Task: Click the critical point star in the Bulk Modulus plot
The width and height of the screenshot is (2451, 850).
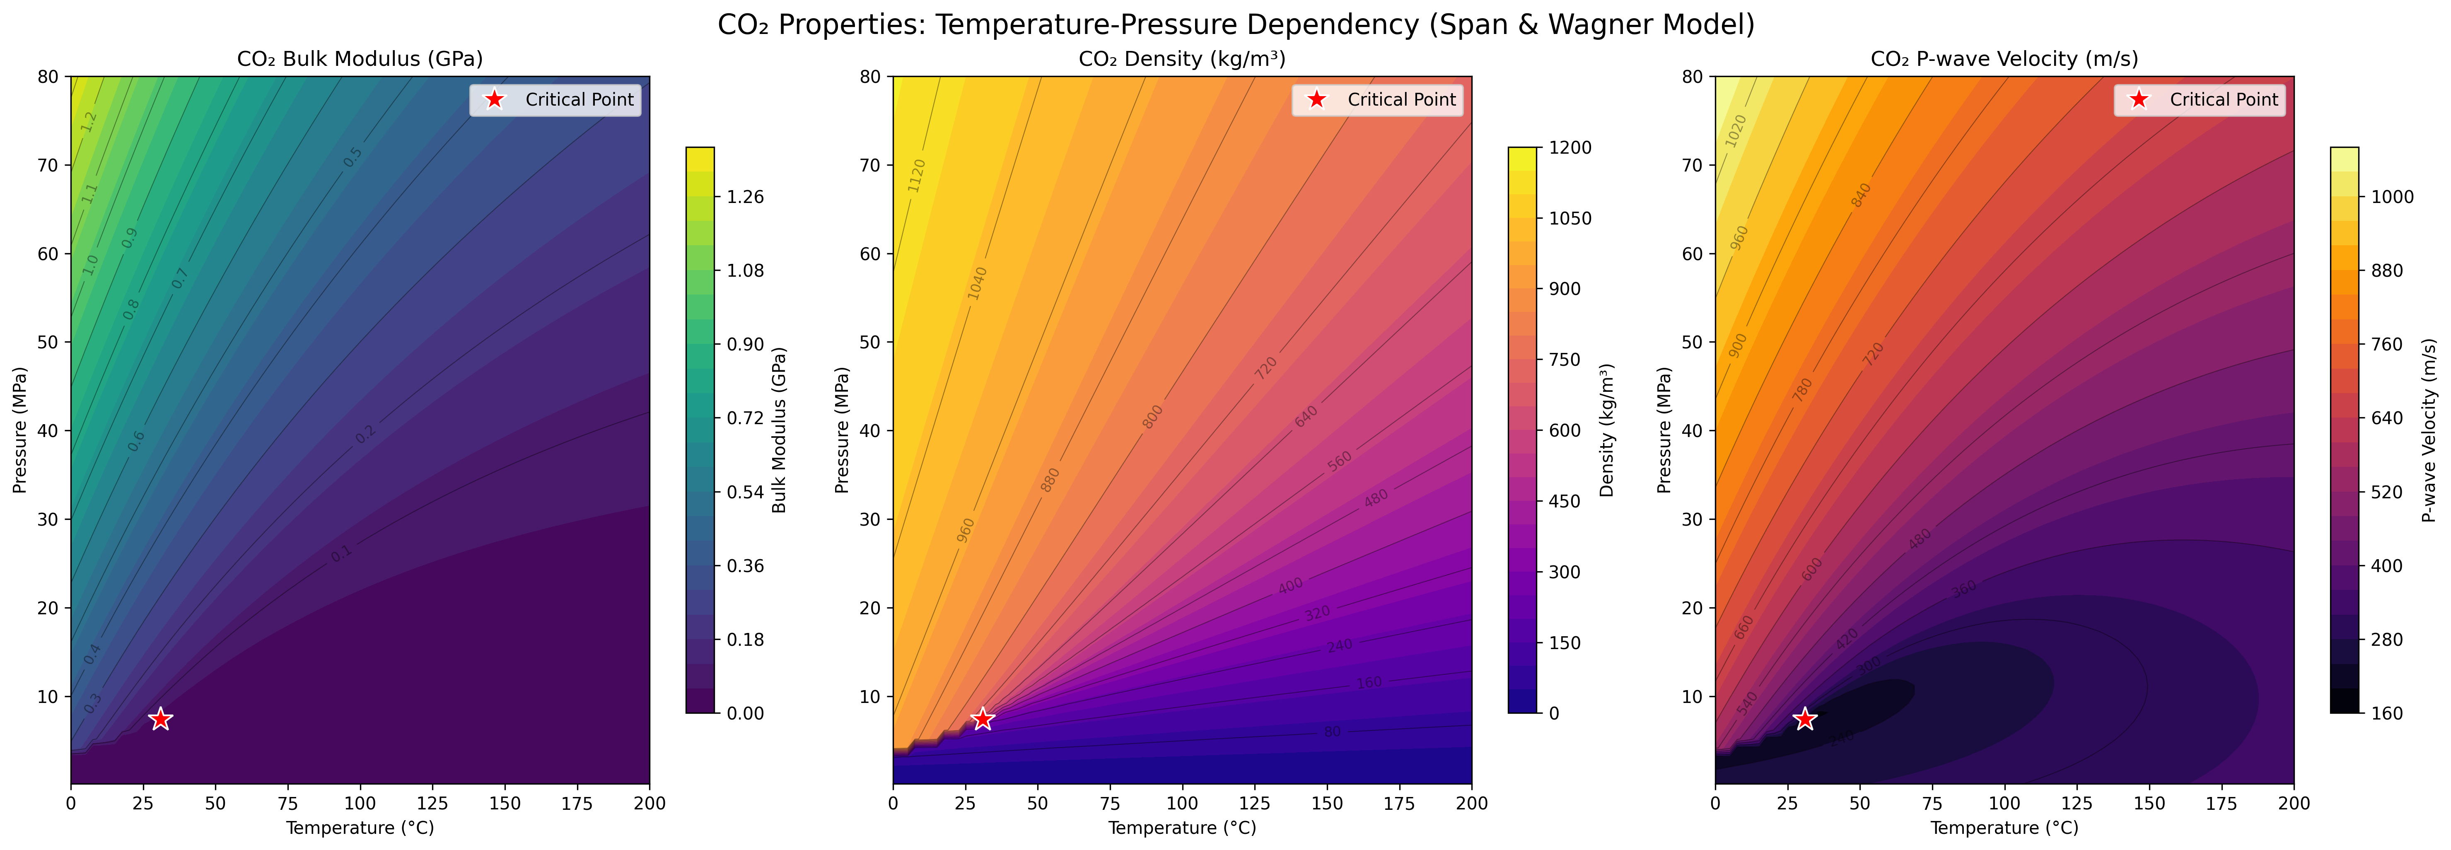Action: [x=161, y=719]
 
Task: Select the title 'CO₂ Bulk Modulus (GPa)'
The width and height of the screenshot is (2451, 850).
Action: [x=360, y=59]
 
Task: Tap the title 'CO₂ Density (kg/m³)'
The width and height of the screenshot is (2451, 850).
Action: [x=1182, y=59]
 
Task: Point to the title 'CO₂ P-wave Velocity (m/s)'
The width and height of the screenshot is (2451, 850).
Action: [x=2004, y=59]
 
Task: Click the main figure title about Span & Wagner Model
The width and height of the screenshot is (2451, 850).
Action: [x=1235, y=24]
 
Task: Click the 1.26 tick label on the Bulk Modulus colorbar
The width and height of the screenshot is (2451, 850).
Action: [x=745, y=197]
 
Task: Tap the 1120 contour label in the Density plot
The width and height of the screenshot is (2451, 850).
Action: [x=916, y=176]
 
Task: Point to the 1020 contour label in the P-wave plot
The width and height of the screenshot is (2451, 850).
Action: [x=1736, y=131]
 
